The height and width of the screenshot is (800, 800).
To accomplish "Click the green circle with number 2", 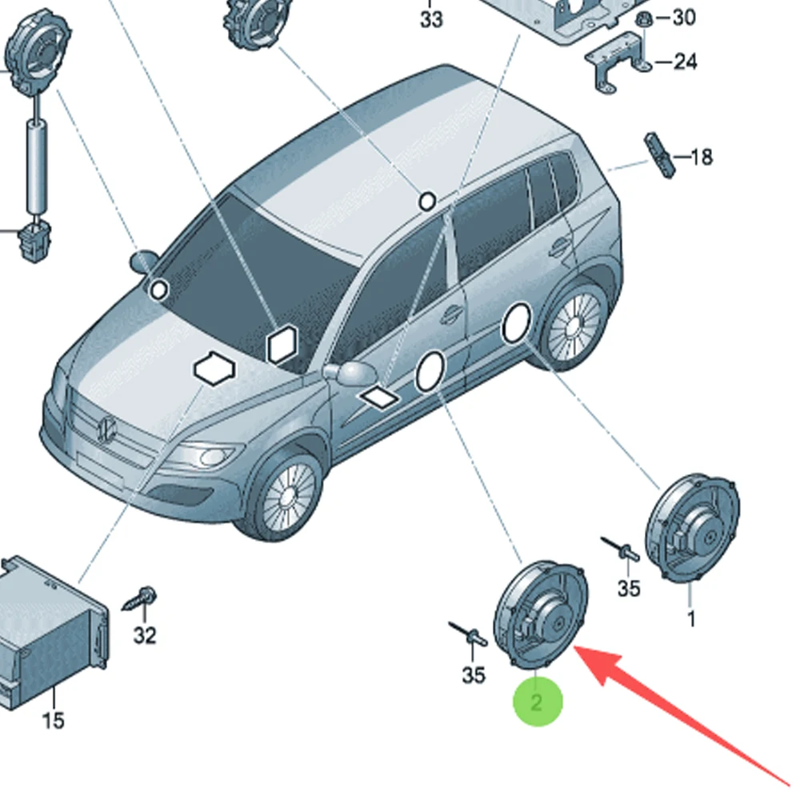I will click(538, 702).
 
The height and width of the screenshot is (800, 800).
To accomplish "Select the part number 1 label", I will click(691, 618).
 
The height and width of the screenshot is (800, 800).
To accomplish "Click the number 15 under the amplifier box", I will click(53, 720).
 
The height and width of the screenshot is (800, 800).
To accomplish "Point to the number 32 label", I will click(145, 636).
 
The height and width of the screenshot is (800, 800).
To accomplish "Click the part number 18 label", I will click(701, 157).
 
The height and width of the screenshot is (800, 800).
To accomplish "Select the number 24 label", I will click(685, 61).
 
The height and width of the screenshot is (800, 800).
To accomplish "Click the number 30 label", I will click(684, 17).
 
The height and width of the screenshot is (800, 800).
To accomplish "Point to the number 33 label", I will click(431, 19).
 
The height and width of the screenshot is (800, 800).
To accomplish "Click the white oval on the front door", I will click(430, 372).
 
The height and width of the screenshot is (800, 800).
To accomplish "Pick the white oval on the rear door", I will click(516, 322).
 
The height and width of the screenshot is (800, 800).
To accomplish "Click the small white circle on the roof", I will click(428, 200).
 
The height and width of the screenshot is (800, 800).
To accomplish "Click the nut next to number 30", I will click(642, 18).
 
